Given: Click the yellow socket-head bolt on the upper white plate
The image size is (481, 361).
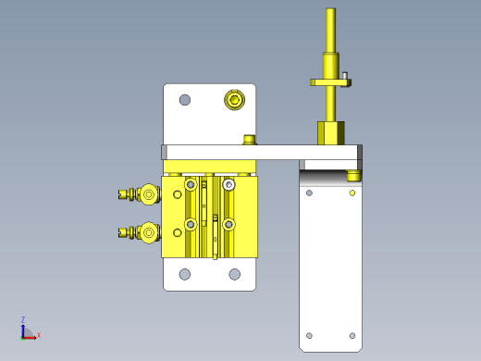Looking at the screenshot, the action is point(235,100).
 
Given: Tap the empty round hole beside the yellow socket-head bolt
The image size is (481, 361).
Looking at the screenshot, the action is point(185,100).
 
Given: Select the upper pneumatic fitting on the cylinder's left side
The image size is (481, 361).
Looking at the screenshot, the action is point(140,194).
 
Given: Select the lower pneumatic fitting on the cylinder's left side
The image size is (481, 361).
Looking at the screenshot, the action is point(140,232).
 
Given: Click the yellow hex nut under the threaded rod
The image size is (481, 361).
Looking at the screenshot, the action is point(331,133).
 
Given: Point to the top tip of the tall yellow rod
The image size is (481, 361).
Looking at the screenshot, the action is point(331,8).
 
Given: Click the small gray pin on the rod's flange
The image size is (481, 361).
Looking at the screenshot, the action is point(345,76).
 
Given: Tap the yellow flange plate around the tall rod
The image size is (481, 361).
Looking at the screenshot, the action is point(330,82).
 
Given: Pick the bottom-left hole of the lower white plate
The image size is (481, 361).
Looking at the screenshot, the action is point(185,274).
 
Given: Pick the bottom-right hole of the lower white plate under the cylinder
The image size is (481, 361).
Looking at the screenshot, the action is point(235,274).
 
